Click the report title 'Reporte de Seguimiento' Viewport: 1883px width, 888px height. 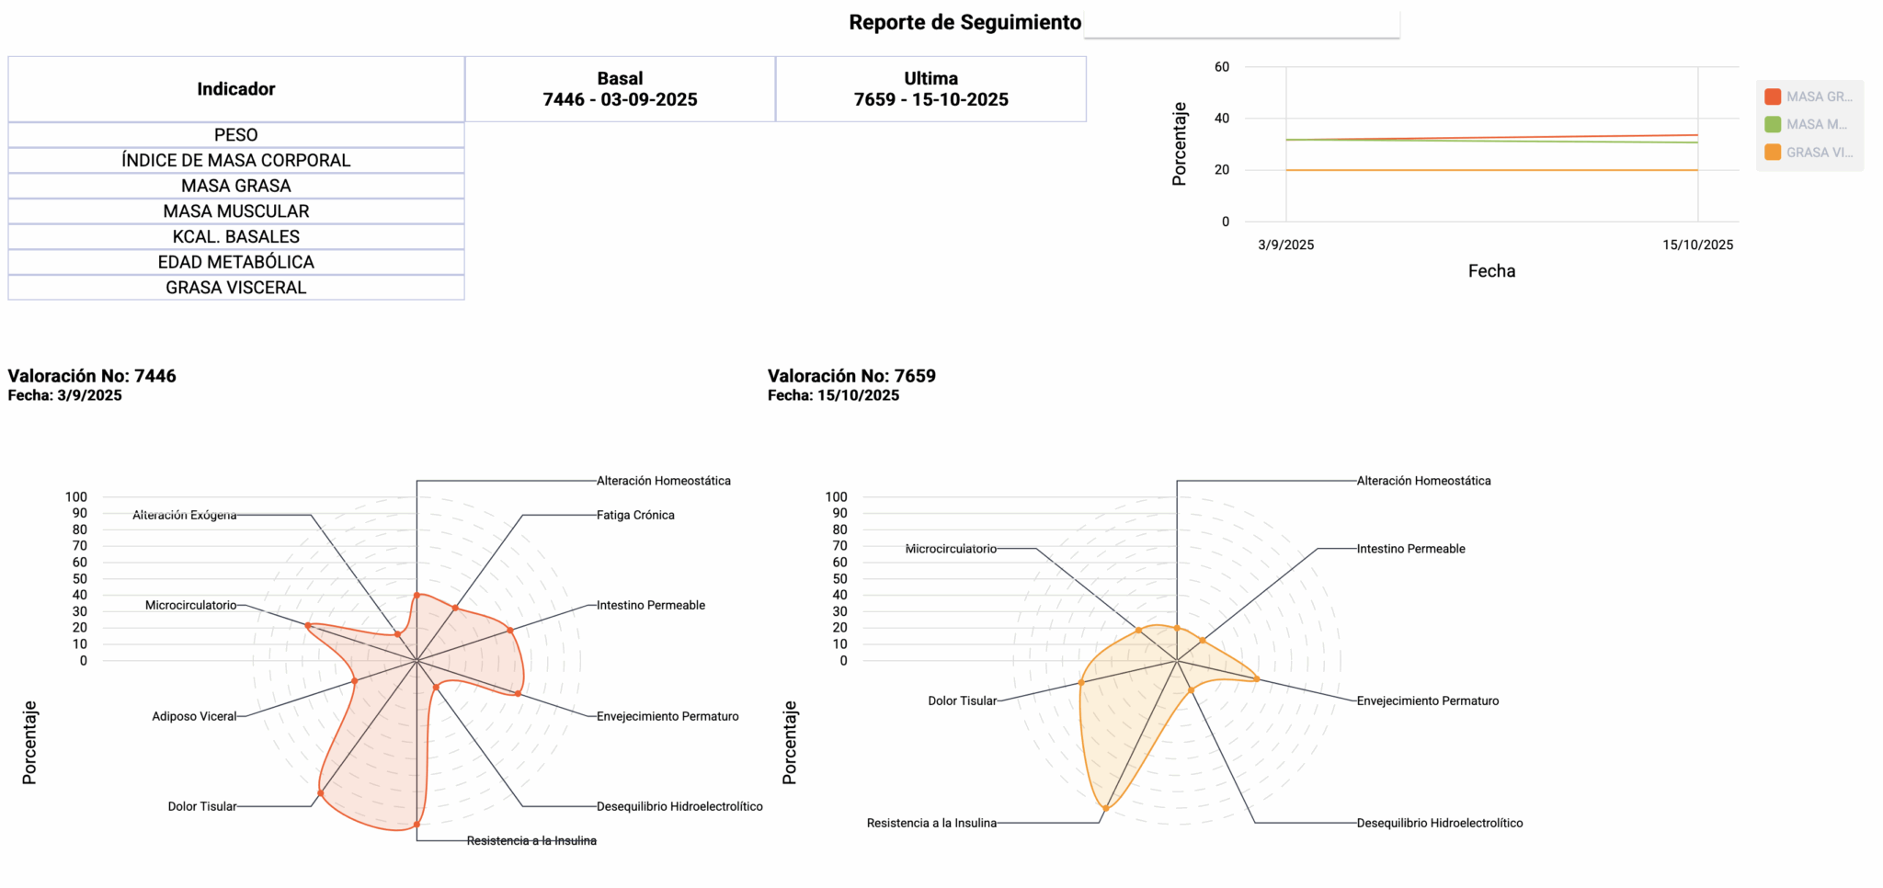click(x=964, y=22)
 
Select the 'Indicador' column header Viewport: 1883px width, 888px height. click(x=236, y=89)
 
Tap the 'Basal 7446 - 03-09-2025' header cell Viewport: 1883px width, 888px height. click(x=620, y=89)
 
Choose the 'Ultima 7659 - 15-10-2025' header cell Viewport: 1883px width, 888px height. click(x=930, y=89)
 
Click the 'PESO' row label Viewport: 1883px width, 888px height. click(x=236, y=135)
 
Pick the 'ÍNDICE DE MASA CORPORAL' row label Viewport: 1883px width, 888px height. click(x=236, y=160)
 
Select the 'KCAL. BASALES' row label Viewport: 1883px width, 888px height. click(x=236, y=236)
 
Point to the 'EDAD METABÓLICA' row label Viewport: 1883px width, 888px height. click(x=236, y=262)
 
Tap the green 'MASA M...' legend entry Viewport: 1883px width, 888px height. click(x=1806, y=124)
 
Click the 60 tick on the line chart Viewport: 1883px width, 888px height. click(x=1221, y=66)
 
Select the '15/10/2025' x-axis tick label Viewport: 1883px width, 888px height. click(x=1697, y=245)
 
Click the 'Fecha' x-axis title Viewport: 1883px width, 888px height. click(x=1491, y=271)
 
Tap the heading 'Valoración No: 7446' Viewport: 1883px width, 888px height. click(x=92, y=376)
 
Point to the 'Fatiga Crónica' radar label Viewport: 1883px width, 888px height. click(x=635, y=515)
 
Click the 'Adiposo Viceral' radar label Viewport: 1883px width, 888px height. click(x=194, y=716)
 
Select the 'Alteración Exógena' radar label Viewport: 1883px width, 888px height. click(x=184, y=515)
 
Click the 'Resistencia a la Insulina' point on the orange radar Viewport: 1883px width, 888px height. click(x=1105, y=809)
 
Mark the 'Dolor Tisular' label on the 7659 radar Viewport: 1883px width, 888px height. click(x=962, y=700)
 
